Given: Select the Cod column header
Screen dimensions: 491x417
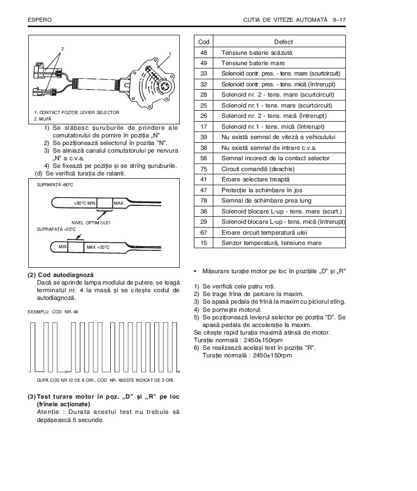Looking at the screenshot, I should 204,42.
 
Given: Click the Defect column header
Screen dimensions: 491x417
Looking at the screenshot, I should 283,42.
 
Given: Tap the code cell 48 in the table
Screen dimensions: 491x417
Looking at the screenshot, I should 204,53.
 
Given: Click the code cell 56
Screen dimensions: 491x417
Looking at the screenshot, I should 204,158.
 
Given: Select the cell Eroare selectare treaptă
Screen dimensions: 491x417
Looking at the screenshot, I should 255,179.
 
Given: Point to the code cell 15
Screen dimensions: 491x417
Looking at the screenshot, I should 204,243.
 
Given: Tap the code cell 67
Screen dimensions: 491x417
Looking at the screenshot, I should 204,232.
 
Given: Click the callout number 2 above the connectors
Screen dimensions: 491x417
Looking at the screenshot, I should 62,49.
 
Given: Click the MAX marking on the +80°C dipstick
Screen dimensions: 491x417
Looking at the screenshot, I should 119,203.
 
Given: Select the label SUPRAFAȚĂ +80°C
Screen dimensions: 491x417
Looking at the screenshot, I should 55,185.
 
